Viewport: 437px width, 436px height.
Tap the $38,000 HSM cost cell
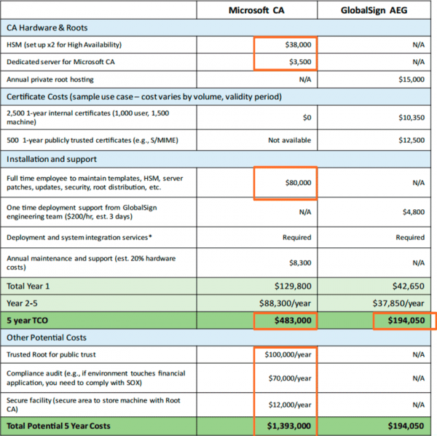(298, 44)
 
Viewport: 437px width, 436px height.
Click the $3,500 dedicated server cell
(299, 61)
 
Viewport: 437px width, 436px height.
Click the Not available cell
(289, 140)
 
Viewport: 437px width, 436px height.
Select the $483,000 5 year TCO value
(292, 321)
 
